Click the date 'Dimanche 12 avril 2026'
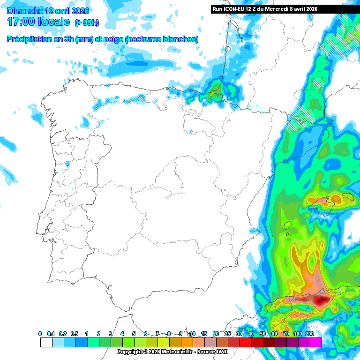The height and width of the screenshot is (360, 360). [48, 11]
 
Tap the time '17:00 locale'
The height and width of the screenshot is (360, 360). [38, 22]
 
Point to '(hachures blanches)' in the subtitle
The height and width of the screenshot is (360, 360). [161, 39]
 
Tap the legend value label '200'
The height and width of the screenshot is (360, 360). [310, 334]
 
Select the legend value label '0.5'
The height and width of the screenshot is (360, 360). [75, 334]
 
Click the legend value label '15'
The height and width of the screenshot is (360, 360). [204, 334]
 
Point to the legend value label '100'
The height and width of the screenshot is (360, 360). [298, 334]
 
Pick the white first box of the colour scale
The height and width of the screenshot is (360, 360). [46, 343]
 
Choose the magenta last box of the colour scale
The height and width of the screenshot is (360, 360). [316, 343]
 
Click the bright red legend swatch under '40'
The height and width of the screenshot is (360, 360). [246, 343]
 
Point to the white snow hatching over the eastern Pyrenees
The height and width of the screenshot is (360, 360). [300, 117]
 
